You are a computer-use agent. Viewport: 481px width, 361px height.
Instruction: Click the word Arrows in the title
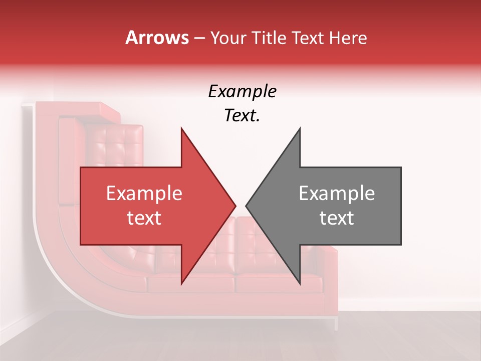point(157,38)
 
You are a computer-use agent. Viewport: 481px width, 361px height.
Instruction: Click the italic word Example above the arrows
point(242,92)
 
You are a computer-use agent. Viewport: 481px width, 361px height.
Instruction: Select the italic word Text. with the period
point(242,116)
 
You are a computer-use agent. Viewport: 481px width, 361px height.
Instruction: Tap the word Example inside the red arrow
point(144,194)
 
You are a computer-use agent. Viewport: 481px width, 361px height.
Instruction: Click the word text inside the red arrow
point(144,218)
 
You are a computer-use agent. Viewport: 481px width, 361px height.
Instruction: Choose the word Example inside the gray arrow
point(337,194)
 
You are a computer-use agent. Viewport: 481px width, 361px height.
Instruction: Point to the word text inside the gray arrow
point(337,218)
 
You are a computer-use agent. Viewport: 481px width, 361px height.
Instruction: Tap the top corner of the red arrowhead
point(181,128)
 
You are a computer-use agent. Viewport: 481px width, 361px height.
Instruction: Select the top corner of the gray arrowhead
point(300,128)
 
